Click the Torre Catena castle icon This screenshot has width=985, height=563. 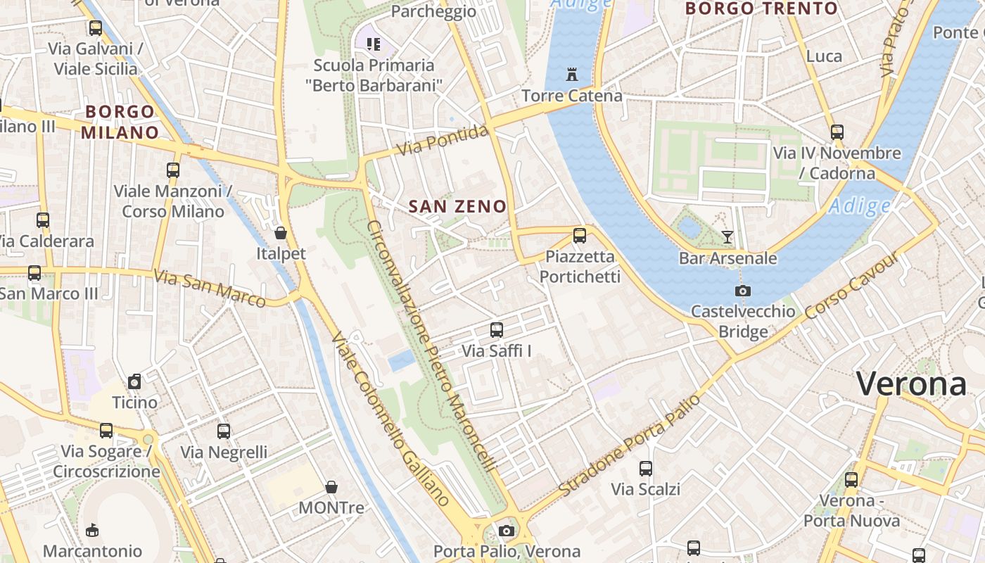[x=571, y=74]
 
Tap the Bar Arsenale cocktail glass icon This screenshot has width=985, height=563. [x=727, y=237]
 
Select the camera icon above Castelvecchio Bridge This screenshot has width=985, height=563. [x=742, y=291]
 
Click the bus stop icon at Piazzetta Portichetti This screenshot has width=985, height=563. [x=580, y=236]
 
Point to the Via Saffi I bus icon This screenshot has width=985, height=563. [x=497, y=329]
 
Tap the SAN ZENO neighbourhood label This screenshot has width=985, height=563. [x=457, y=206]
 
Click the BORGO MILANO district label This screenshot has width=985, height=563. [x=120, y=122]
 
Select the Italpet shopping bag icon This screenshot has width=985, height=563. [x=281, y=233]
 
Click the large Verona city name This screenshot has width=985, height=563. [x=912, y=384]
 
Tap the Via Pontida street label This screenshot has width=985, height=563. [x=443, y=140]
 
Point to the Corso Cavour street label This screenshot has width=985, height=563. [x=852, y=285]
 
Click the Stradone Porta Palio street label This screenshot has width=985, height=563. [x=630, y=445]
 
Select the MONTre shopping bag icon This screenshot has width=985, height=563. [x=331, y=487]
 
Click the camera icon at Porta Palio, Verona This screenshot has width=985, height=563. [x=506, y=531]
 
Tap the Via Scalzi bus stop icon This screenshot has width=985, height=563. [x=645, y=468]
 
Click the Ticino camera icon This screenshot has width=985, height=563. [x=134, y=382]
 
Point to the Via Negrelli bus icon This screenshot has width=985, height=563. [x=224, y=431]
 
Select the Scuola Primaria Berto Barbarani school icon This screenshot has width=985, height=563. [x=374, y=44]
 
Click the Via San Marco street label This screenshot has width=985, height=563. [x=210, y=289]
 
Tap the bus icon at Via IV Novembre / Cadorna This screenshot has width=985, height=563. [x=837, y=132]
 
